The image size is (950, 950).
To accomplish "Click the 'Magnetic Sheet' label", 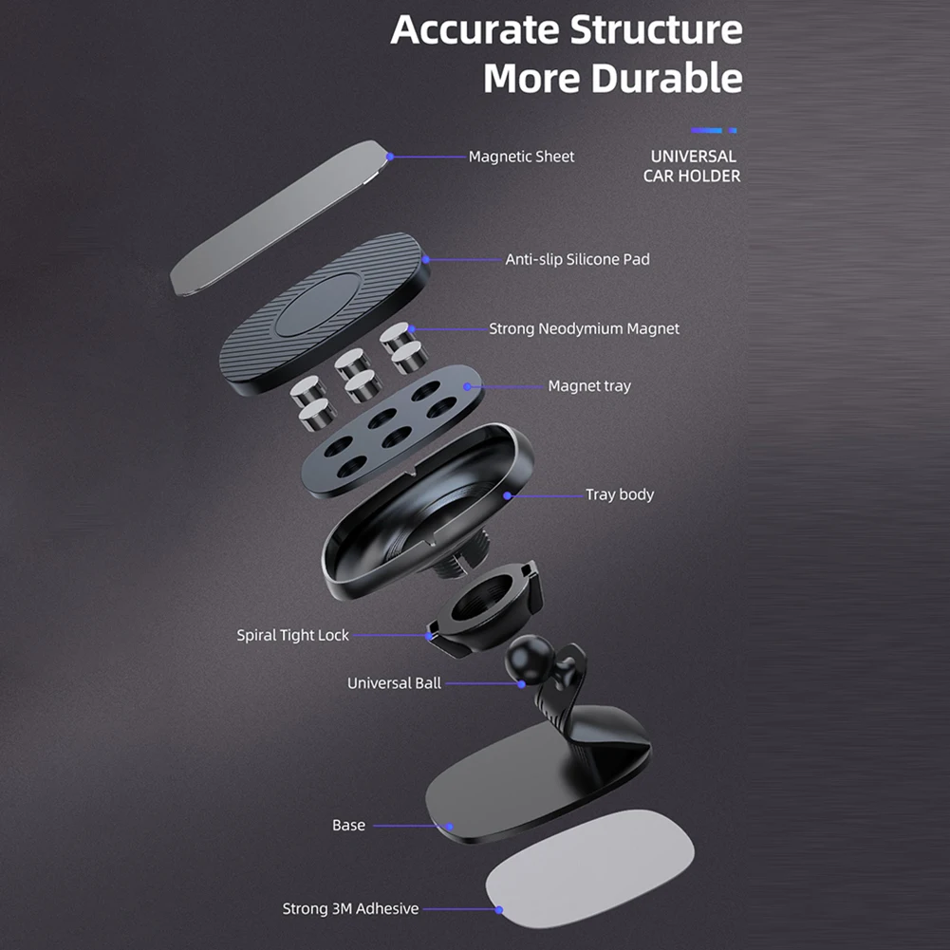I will click(521, 157).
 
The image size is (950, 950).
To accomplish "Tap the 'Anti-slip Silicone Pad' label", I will click(577, 259).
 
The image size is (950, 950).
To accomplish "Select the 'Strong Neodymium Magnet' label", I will click(584, 329).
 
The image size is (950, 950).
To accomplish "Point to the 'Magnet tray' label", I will click(588, 386).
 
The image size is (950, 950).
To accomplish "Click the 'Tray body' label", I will click(619, 494).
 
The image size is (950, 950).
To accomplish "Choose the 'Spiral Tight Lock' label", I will click(292, 635).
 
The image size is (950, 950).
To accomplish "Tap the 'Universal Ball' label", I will click(394, 683).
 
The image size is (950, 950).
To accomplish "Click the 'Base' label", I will click(348, 826).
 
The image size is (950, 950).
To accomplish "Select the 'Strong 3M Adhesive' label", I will click(350, 909).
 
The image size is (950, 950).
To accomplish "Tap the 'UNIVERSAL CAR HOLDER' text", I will click(692, 166).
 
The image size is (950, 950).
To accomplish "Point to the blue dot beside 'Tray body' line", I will click(508, 495).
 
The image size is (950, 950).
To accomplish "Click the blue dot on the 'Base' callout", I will click(445, 827).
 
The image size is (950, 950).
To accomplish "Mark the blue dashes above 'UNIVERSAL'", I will click(714, 130).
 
